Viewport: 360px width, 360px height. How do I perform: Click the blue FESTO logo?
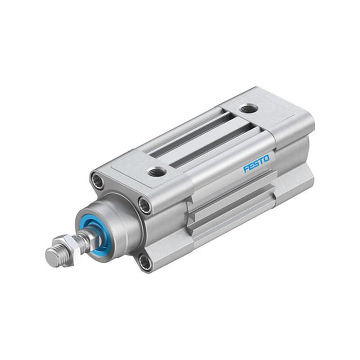click(256, 163)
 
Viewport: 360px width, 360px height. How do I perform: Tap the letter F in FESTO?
click(246, 168)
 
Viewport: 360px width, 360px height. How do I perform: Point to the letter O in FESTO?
click(266, 159)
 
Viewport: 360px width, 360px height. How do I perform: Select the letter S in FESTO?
click(256, 164)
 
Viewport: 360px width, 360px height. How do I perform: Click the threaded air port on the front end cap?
click(157, 171)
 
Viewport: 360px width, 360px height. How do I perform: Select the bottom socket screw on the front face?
click(145, 261)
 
